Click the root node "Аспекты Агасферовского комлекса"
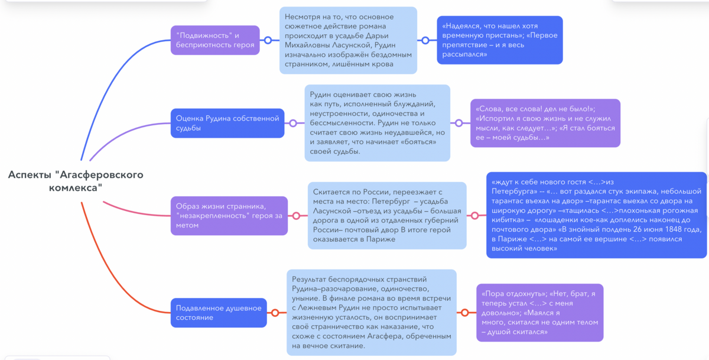(76, 181)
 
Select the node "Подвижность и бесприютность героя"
(215, 40)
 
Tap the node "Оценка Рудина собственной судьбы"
(227, 123)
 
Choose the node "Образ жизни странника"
(228, 216)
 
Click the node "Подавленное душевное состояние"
(219, 313)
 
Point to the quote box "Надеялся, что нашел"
(499, 40)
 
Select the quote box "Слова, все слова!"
(545, 123)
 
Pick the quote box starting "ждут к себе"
(596, 215)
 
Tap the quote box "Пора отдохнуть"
(539, 313)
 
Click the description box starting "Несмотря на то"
(348, 40)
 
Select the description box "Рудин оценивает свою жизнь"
(377, 123)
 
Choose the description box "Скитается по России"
(387, 215)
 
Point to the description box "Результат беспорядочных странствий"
(371, 313)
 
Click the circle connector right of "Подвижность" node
(268, 40)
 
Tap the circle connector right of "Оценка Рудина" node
(293, 123)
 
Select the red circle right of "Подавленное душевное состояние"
(274, 313)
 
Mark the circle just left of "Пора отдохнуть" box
(464, 313)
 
